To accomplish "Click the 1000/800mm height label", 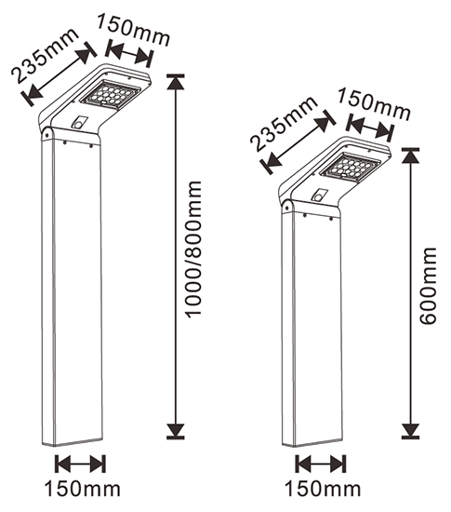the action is point(193,249).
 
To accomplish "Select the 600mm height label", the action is point(428,286).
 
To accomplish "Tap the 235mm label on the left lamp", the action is point(44,56).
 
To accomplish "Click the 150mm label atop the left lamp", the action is point(133,31).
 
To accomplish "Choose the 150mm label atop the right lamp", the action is point(374,104).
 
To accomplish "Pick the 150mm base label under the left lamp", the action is point(82,489).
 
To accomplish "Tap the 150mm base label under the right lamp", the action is point(323,489).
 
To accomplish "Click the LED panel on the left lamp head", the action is point(111,94).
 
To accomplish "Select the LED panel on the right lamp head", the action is point(351,167).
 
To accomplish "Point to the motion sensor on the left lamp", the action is point(79,123).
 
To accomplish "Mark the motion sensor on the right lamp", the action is point(318,195).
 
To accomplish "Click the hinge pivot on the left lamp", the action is point(46,133).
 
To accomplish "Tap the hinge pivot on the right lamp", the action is point(287,207).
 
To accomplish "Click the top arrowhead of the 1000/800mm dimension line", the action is point(176,82).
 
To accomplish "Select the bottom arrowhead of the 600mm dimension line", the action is point(411,430).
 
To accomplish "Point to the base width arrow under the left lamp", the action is point(80,464).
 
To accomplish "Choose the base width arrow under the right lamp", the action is point(321,464).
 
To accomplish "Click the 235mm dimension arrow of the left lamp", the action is point(59,74).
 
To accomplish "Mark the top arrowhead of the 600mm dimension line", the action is point(411,155).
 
